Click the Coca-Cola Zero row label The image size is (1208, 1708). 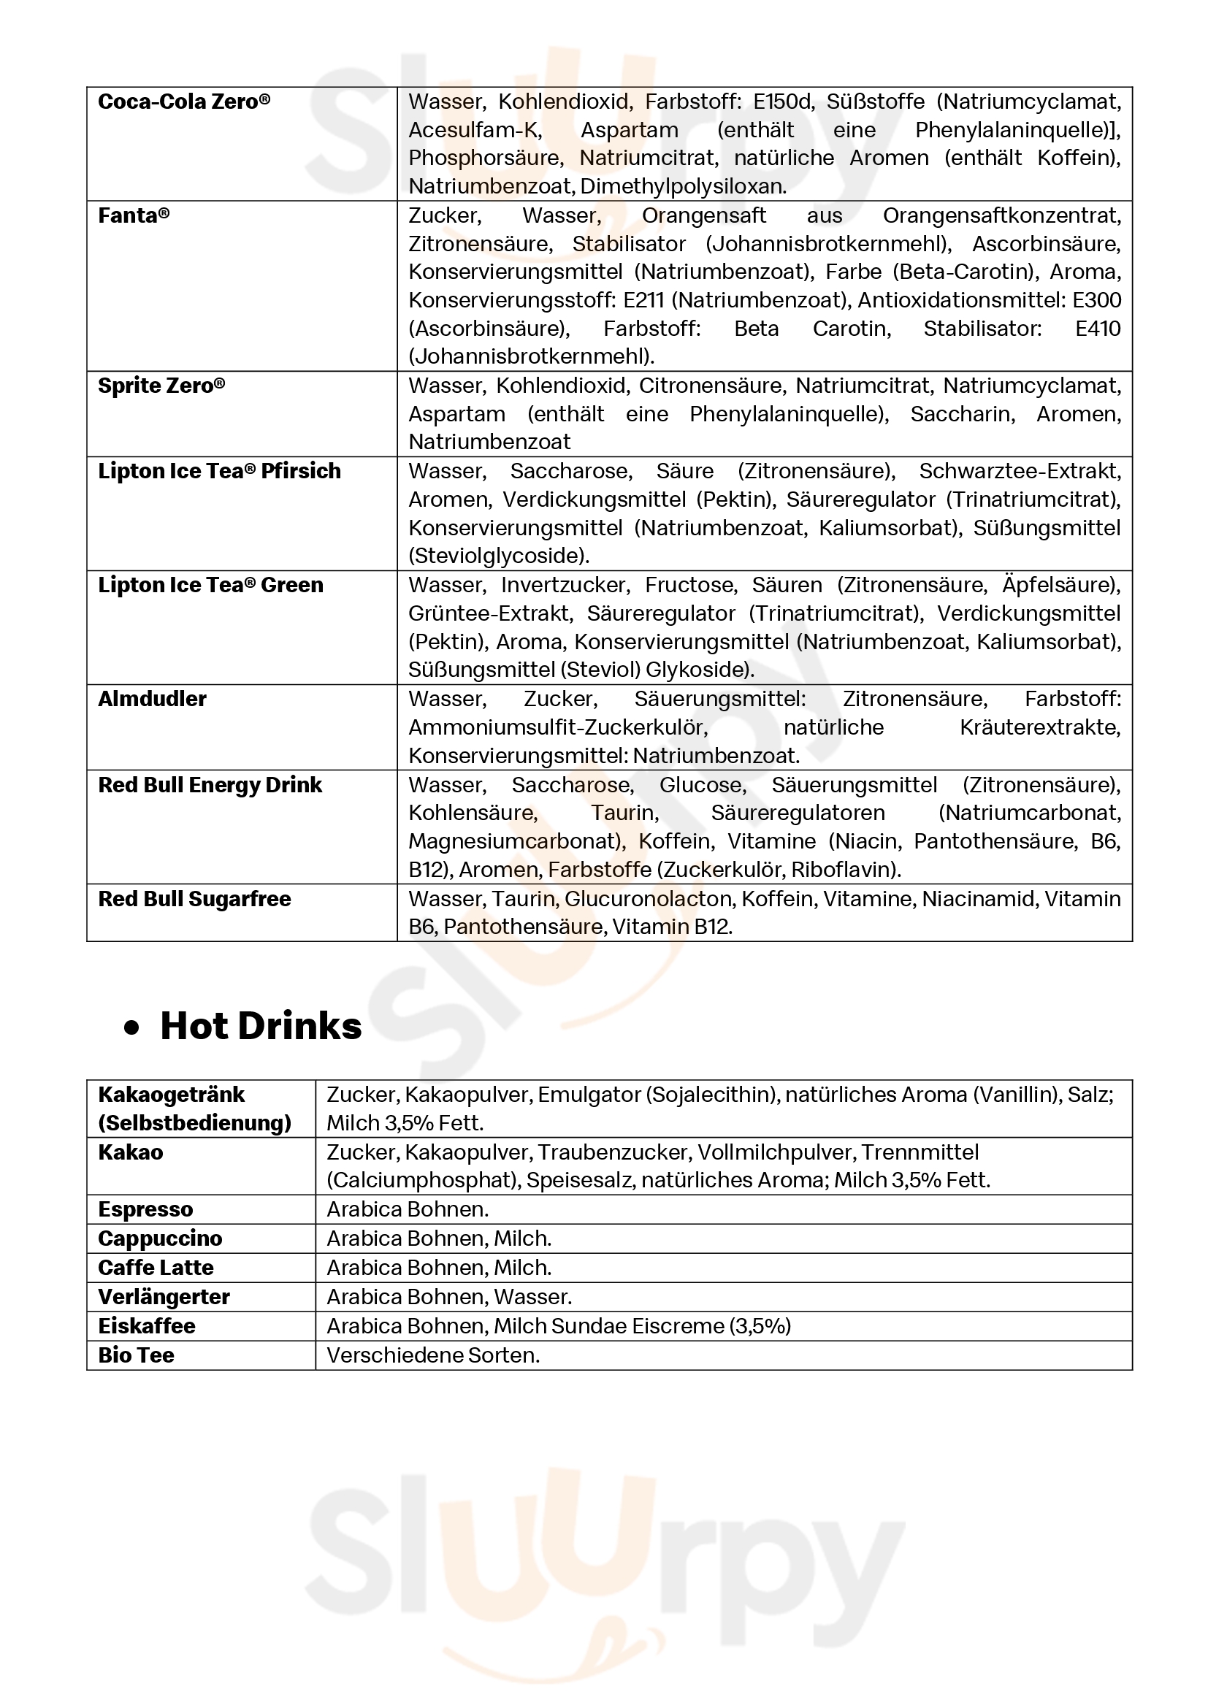[x=184, y=102]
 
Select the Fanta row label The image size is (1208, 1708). [x=134, y=215]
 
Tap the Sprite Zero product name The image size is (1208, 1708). [x=161, y=386]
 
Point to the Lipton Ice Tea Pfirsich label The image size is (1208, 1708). [x=219, y=472]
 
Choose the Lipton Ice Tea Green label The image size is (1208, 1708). [x=210, y=586]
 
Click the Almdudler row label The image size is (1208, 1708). [x=153, y=700]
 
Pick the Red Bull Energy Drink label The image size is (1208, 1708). [x=210, y=786]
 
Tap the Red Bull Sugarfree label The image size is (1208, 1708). [x=194, y=900]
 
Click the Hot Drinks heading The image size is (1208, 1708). [x=260, y=1026]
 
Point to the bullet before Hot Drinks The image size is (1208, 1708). [x=131, y=1029]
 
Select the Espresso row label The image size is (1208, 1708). [x=145, y=1209]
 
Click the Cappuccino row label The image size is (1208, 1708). [x=160, y=1238]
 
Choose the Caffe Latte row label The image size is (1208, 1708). [x=156, y=1268]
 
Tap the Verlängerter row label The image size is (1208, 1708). [x=164, y=1298]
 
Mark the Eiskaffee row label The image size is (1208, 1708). [x=147, y=1326]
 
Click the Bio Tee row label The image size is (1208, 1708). [x=136, y=1355]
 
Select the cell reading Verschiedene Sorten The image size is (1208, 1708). [x=433, y=1355]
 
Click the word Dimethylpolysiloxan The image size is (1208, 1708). [x=683, y=187]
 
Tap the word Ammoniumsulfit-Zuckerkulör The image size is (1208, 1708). [x=557, y=727]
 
